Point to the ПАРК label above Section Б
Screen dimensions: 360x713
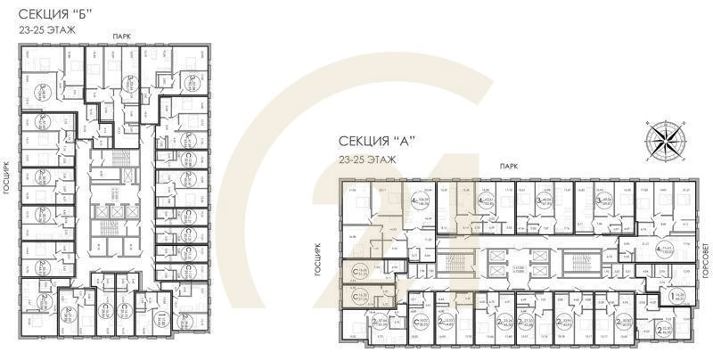[121, 35]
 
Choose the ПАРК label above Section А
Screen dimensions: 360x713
[509, 166]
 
